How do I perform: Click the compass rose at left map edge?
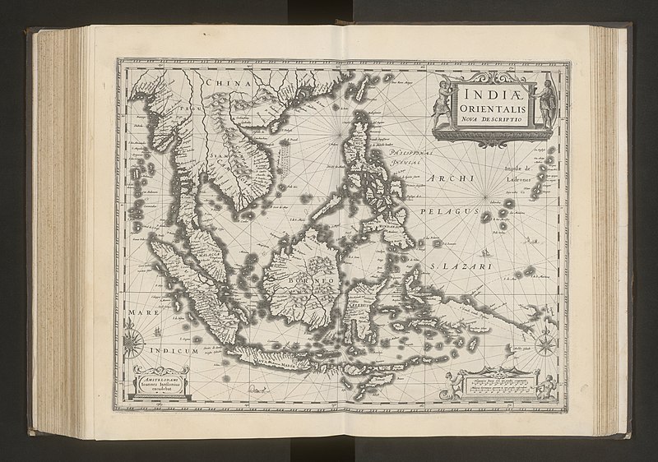click(x=134, y=337)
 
